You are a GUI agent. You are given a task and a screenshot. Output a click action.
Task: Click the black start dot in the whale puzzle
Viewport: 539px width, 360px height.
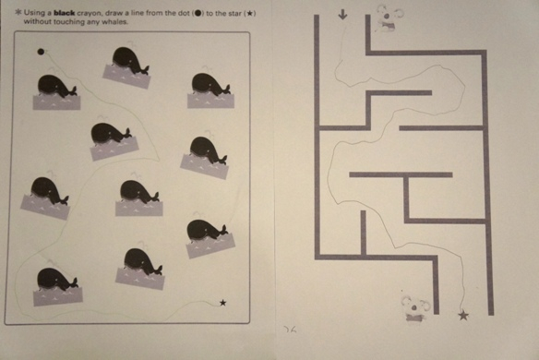coord(41,52)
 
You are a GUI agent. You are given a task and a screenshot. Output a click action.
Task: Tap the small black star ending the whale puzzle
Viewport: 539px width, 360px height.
coord(222,303)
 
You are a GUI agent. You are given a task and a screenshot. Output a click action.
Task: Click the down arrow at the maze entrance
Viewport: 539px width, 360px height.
coord(342,14)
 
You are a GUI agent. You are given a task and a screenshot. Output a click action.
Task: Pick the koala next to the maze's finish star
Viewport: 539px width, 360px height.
coord(415,308)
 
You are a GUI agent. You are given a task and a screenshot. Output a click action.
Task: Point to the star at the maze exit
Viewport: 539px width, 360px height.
coord(463,315)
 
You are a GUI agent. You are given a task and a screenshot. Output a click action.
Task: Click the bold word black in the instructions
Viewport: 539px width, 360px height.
coord(65,13)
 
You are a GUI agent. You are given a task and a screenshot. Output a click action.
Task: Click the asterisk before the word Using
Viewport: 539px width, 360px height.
coord(18,13)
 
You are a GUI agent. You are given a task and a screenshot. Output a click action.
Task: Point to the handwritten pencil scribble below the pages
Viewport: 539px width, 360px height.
coord(290,329)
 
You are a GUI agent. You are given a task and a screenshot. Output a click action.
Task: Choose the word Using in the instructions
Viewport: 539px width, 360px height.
coord(33,13)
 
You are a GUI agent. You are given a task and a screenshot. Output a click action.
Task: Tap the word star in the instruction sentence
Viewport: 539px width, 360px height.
coord(235,14)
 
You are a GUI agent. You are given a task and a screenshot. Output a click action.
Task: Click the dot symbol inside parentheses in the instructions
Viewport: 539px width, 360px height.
coord(198,14)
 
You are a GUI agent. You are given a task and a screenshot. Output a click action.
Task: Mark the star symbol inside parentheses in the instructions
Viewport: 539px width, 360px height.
coord(249,14)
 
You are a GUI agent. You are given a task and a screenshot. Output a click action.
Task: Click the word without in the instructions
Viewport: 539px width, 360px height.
coord(37,21)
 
